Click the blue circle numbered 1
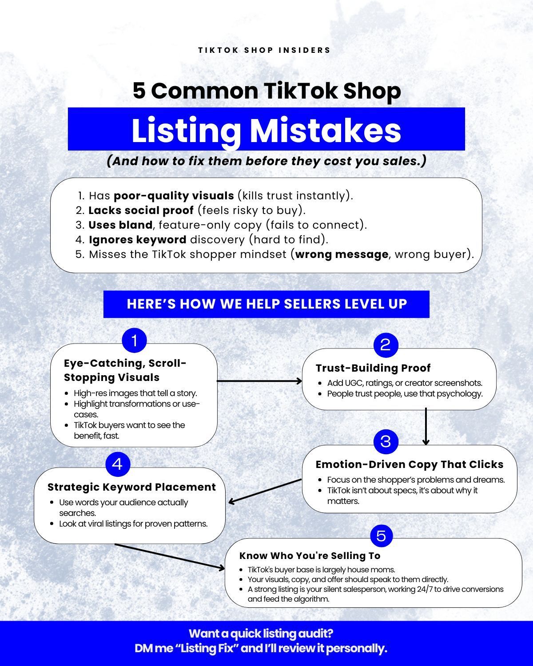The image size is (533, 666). tap(134, 341)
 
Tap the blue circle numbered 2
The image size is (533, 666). tap(386, 345)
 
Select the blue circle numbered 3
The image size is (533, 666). tap(386, 442)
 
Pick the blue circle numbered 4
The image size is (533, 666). tap(118, 464)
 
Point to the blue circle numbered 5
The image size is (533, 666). tap(382, 536)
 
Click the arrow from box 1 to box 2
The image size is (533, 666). tap(259, 381)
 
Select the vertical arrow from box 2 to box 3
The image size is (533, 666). tap(426, 427)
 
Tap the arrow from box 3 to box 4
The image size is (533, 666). tap(265, 492)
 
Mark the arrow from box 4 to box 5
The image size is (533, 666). tap(170, 557)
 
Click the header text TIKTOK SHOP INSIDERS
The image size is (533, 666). tap(264, 50)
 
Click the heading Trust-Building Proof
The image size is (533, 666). tap(373, 368)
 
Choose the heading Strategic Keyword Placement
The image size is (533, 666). tap(131, 487)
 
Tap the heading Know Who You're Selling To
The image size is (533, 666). tap(310, 556)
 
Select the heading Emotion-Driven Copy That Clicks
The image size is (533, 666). tap(410, 464)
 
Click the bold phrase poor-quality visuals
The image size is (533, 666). tap(174, 196)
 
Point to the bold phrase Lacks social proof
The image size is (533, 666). tap(141, 210)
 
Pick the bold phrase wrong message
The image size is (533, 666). tap(342, 254)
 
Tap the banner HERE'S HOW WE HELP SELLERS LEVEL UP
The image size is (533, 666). tap(266, 304)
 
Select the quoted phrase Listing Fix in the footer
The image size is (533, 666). tap(207, 648)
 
